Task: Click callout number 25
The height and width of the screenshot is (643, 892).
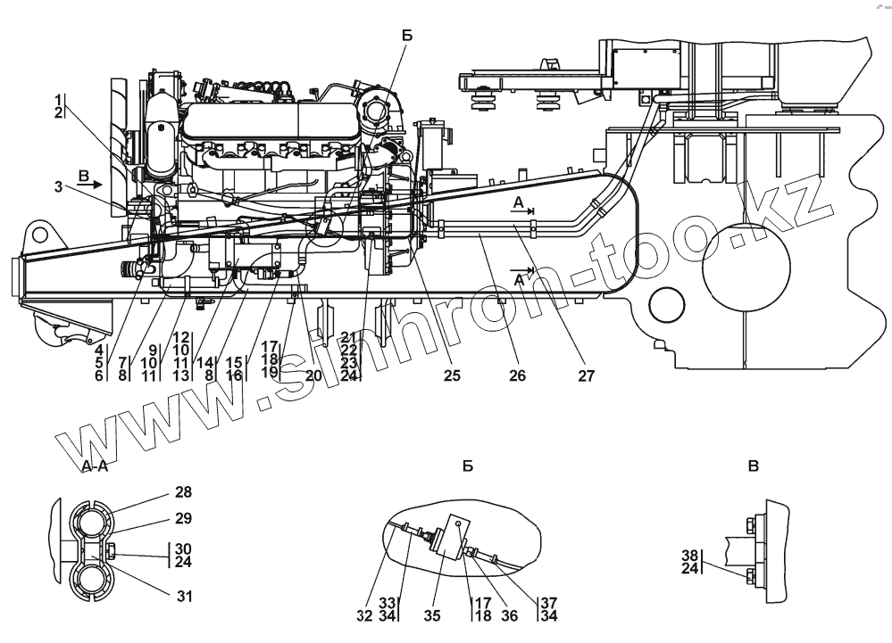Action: pos(452,376)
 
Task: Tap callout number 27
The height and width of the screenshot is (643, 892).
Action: pos(586,376)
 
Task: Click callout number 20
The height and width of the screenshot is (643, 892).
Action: pos(313,375)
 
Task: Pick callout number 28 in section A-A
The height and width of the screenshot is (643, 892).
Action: pos(183,492)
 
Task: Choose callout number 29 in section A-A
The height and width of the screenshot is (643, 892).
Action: pos(183,518)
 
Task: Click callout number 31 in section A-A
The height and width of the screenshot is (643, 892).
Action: pos(183,596)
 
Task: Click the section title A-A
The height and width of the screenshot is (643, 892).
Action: pos(95,466)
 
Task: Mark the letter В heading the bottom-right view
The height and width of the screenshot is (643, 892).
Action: pos(754,466)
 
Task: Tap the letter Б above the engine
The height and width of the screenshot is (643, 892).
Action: pos(407,37)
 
